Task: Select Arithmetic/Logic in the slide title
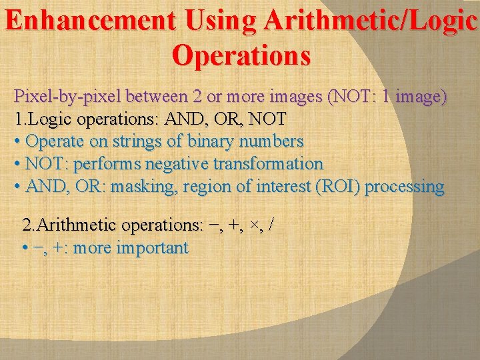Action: pos(370,22)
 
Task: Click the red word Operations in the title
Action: pos(241,55)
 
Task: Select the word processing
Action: pos(405,186)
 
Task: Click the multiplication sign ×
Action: pos(255,225)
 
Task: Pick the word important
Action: pos(152,248)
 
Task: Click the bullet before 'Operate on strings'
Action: pos(17,141)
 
